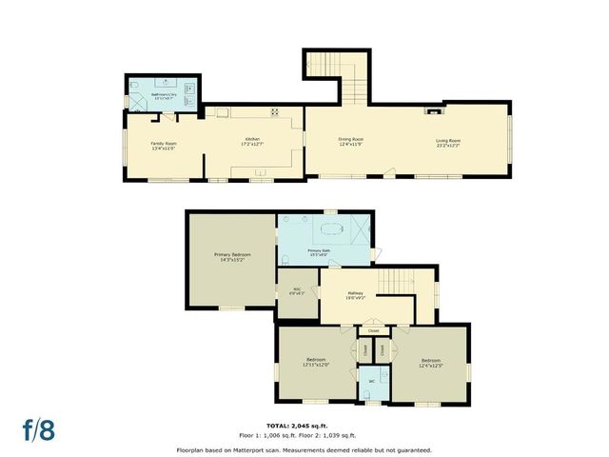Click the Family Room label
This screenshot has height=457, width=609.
[x=164, y=144]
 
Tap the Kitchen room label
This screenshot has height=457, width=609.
[x=252, y=140]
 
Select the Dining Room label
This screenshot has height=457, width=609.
[x=351, y=140]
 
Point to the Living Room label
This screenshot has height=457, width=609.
[x=449, y=140]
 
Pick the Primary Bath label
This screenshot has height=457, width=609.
[x=318, y=250]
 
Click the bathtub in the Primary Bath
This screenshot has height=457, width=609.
[x=330, y=228]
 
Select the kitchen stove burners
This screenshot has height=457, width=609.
[x=274, y=111]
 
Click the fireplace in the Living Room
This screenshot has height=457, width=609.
[x=435, y=110]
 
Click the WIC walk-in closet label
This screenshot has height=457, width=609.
[x=297, y=289]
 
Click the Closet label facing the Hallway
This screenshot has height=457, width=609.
[x=373, y=330]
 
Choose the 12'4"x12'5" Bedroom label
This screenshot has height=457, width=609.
[x=430, y=362]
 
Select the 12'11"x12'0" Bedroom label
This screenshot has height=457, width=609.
[x=316, y=362]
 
